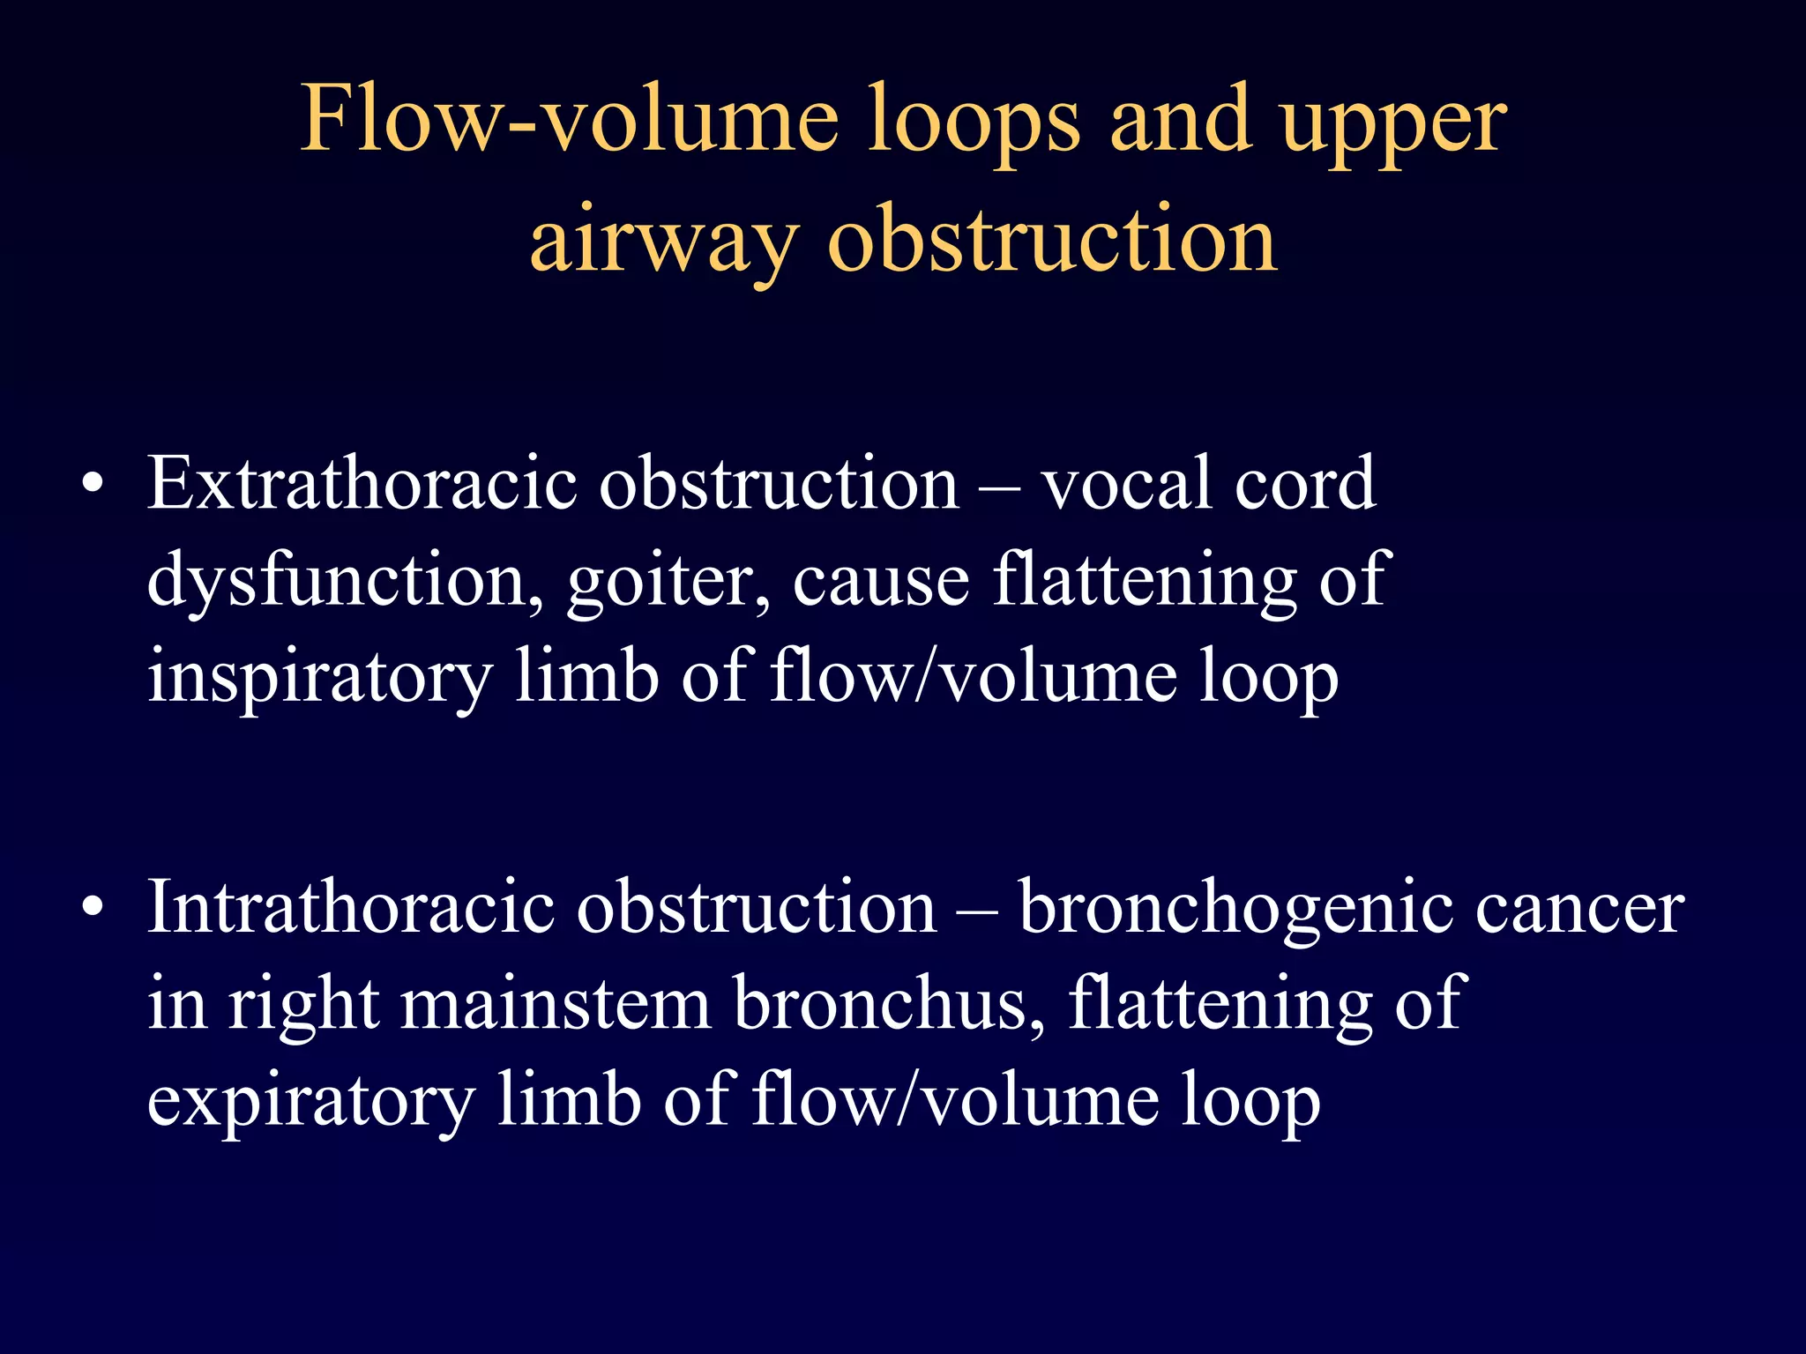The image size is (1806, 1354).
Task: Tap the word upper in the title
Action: point(1393,123)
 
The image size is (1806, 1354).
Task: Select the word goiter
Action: point(668,582)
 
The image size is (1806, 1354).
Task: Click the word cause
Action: point(881,582)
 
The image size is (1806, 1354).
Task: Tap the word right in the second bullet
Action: point(304,1006)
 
